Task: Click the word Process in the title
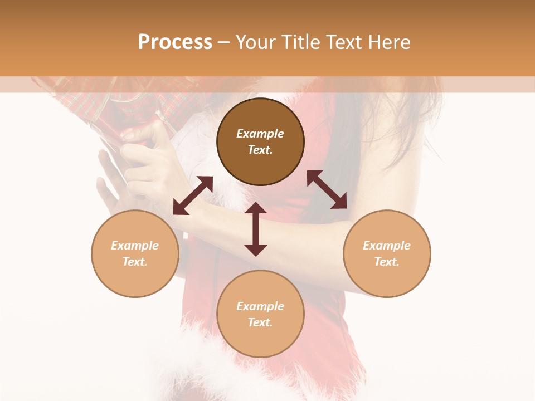pos(175,42)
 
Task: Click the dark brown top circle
pos(260,142)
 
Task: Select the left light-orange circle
pos(135,253)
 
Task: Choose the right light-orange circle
pos(387,253)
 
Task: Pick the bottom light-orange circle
pos(260,314)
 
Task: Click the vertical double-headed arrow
pos(256,229)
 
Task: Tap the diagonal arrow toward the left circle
pos(193,195)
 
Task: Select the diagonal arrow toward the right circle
pos(327,189)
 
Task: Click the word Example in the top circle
pos(260,134)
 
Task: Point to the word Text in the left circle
pos(135,262)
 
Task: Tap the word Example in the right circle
pos(387,246)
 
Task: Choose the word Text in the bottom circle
pos(260,322)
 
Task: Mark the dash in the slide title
pos(223,42)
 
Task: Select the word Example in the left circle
pos(135,246)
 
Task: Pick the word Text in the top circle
pos(260,150)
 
